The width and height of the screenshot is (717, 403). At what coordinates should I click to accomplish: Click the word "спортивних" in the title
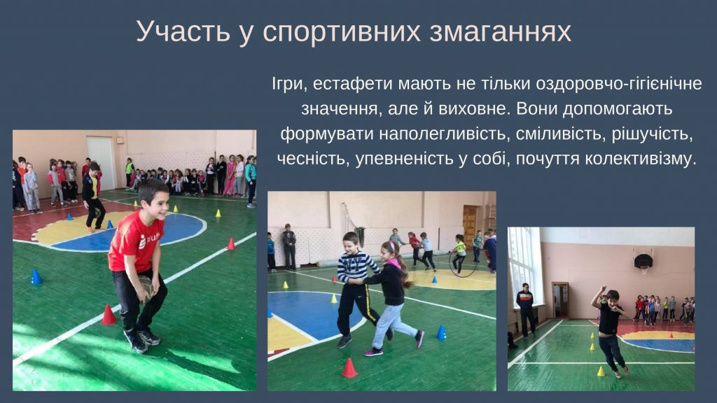click(342, 32)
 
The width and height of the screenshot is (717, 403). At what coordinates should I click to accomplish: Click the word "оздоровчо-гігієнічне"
click(619, 84)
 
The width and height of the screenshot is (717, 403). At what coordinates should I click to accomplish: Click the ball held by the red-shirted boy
click(147, 288)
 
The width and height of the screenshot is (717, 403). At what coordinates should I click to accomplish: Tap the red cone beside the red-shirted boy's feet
click(109, 315)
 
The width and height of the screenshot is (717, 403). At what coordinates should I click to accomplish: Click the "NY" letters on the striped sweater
click(350, 264)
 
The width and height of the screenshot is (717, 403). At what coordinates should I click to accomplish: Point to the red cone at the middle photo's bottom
click(349, 368)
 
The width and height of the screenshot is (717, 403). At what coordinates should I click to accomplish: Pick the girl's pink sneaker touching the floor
click(373, 353)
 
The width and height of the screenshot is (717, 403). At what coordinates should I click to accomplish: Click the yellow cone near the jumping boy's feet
click(601, 371)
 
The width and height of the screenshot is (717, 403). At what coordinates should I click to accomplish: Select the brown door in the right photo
click(560, 300)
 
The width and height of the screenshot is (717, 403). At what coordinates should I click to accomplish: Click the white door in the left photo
click(101, 163)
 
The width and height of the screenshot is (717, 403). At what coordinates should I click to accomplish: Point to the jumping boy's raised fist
click(604, 289)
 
